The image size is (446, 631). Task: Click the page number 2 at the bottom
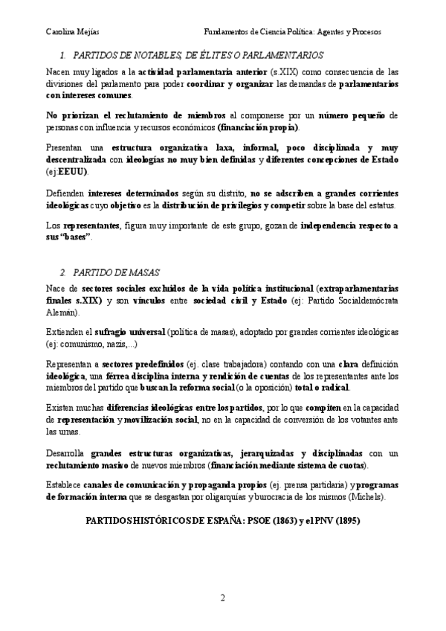click(x=222, y=598)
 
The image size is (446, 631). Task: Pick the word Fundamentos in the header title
click(x=229, y=33)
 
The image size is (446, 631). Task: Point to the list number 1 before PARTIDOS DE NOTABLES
click(x=63, y=55)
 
